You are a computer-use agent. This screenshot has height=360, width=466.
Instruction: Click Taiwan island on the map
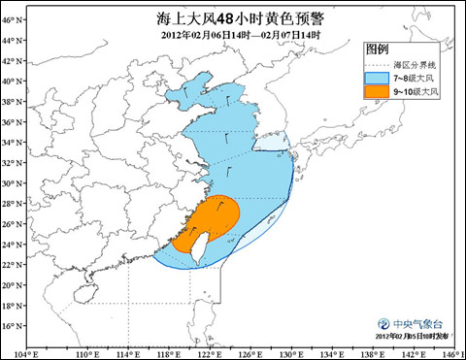193,244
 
